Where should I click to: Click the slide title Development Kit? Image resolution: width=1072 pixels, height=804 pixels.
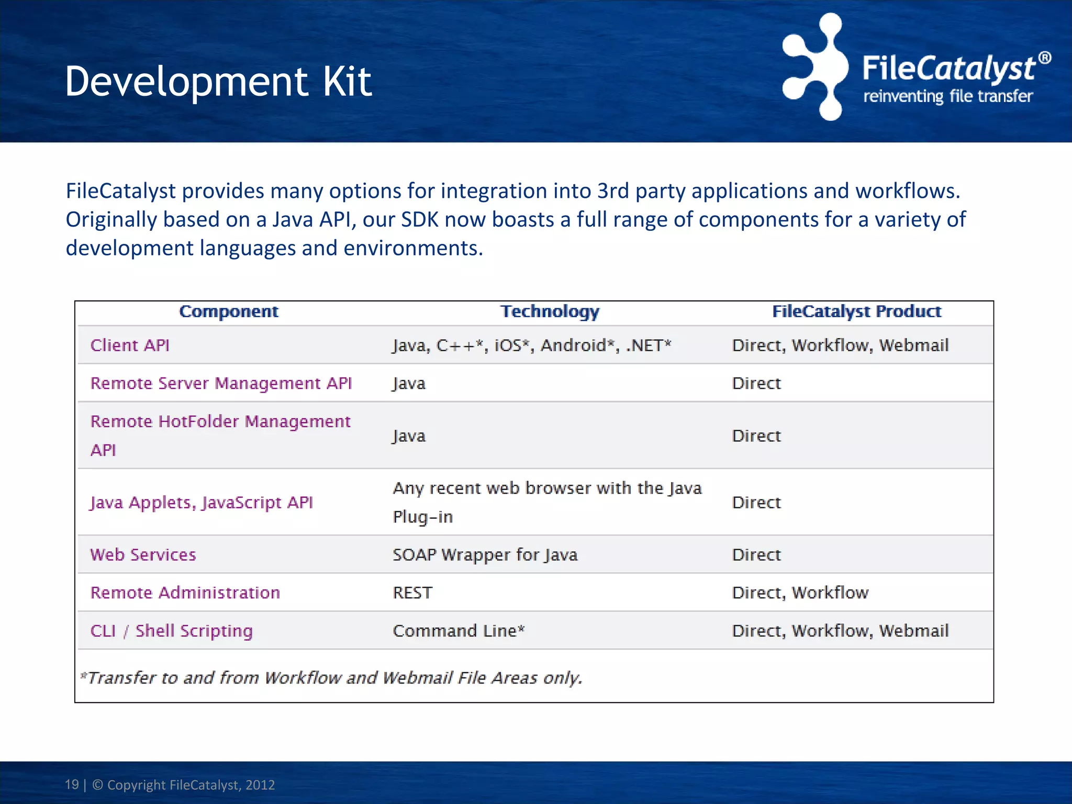coord(218,82)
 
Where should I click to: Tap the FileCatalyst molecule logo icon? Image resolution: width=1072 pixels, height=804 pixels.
coord(814,67)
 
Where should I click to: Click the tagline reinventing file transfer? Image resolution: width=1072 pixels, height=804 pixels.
coord(947,97)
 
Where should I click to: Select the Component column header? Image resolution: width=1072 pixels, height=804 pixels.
coord(229,312)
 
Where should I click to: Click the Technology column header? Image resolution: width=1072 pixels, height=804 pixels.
coord(550,312)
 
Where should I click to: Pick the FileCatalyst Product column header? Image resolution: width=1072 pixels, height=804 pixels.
coord(856,312)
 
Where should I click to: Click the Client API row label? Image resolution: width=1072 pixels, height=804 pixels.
coord(130,345)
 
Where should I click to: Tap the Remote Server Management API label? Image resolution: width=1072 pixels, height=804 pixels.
coord(221,384)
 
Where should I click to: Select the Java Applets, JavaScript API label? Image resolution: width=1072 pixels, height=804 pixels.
coord(201,502)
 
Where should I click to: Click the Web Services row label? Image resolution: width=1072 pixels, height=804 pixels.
coord(143,555)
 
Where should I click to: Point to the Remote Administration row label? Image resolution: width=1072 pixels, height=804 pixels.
coord(185,593)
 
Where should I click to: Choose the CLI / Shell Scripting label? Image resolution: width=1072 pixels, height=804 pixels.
coord(171,631)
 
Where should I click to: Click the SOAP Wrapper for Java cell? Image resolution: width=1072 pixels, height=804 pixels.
coord(485,555)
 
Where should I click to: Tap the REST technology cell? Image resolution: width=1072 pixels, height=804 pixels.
coord(412,593)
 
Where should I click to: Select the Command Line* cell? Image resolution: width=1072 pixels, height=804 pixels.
coord(459,631)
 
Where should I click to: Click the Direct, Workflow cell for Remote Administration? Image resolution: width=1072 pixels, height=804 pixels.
coord(800,593)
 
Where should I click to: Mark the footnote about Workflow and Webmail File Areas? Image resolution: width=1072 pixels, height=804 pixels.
coord(331,678)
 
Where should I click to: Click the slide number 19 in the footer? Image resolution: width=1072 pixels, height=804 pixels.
coord(72,785)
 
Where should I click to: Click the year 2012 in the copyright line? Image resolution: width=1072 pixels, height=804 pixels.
coord(260,785)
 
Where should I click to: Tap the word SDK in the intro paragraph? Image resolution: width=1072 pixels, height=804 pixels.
coord(420,220)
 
